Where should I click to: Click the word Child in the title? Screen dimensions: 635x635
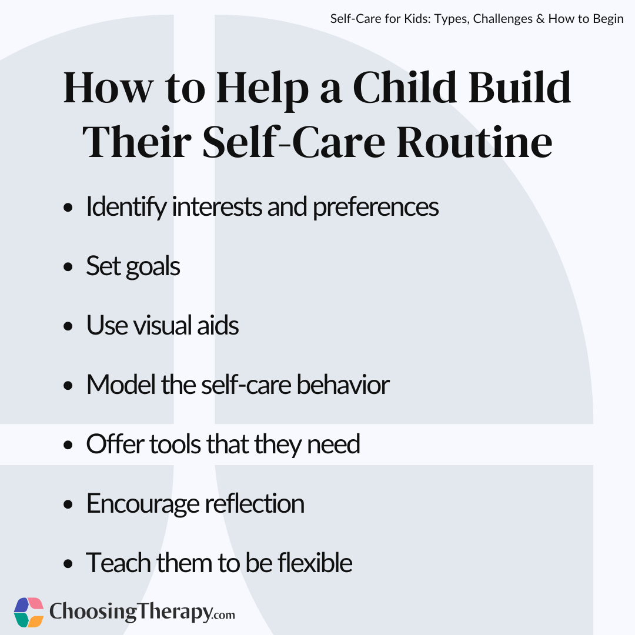[405, 88]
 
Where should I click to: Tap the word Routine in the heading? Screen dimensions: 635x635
[474, 142]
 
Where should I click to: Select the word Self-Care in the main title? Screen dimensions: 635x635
[293, 142]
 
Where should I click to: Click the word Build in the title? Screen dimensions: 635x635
[520, 88]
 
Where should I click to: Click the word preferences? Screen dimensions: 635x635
[375, 208]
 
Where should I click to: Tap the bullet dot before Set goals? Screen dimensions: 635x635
[68, 267]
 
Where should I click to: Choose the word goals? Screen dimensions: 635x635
[153, 268]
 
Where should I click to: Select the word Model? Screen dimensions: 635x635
[121, 385]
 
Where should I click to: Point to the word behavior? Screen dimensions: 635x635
[343, 385]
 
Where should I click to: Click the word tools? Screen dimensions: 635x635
[175, 444]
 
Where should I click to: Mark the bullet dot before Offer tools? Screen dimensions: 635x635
[68, 444]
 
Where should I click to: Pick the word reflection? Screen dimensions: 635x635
[255, 503]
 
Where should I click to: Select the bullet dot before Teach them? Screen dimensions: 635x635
[68, 563]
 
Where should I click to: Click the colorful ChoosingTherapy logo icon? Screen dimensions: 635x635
[29, 612]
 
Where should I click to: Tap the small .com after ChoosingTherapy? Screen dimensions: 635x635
[223, 615]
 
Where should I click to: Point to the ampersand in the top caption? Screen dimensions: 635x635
[540, 19]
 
